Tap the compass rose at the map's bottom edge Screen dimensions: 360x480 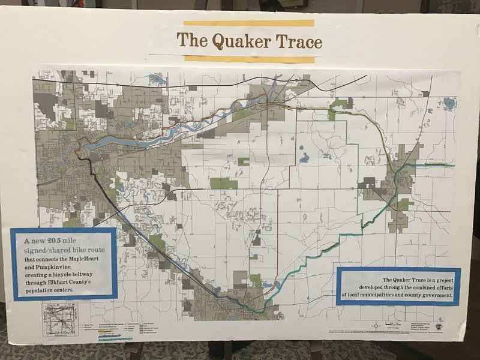pyautogui.click(x=376, y=326)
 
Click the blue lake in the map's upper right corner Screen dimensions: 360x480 pyautogui.click(x=448, y=103)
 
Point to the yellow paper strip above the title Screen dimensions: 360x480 pyautogui.click(x=248, y=23)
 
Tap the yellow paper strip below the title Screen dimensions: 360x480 pyautogui.click(x=249, y=59)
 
